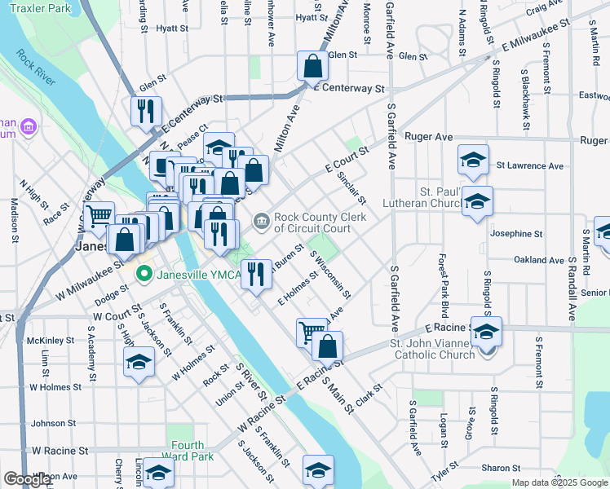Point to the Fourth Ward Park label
(188, 451)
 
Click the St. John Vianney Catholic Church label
(434, 349)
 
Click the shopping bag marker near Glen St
(312, 64)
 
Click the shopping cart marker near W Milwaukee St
(99, 215)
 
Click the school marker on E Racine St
(486, 331)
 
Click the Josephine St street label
(516, 233)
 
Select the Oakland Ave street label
(539, 260)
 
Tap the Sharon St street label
(501, 468)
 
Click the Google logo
(27, 479)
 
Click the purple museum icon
(29, 127)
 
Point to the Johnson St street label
(53, 424)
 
